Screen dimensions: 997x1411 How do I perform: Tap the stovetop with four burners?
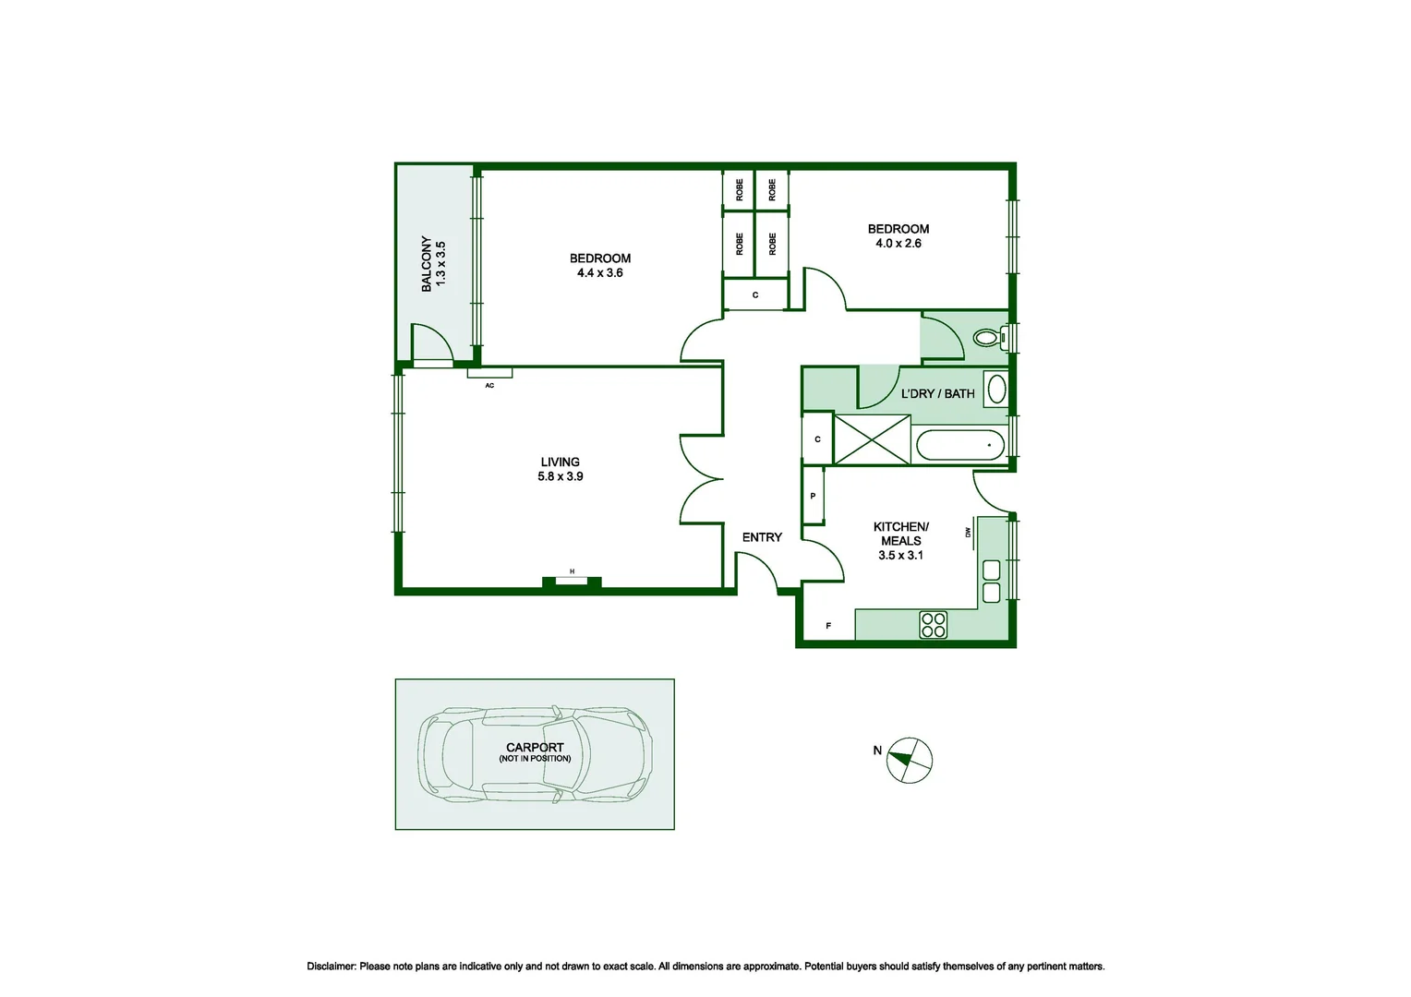click(933, 625)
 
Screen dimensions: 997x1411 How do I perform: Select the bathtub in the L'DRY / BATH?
click(959, 445)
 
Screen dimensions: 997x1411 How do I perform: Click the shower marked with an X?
click(872, 439)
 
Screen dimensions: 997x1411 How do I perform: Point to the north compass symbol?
click(909, 761)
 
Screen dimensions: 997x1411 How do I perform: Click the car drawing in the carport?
click(536, 754)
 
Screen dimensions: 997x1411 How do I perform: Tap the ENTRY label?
click(762, 537)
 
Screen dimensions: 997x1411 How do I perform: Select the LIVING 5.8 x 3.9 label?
click(561, 469)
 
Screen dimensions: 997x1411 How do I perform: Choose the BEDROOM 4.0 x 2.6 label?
click(898, 236)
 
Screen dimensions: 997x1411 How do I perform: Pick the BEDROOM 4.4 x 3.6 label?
click(600, 266)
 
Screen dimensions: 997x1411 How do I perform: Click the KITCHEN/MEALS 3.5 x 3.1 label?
click(900, 541)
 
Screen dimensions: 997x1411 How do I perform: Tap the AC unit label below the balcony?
click(489, 385)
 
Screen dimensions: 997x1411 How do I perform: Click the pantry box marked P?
click(813, 496)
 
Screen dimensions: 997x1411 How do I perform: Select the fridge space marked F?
click(828, 626)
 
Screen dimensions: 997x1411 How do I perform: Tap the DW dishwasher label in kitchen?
click(969, 533)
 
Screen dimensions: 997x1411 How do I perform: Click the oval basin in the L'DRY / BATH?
click(996, 389)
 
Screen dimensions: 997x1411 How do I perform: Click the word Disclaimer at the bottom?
click(332, 967)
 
